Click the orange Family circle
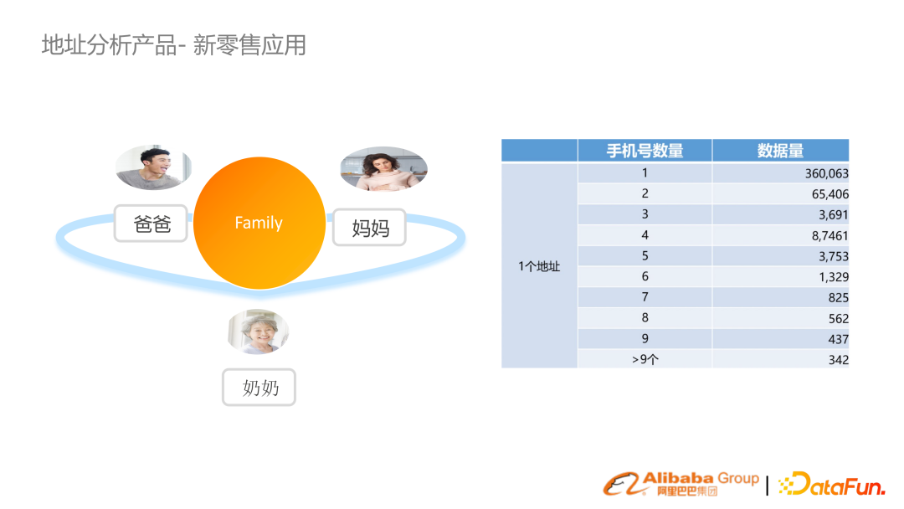259,223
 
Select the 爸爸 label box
151,224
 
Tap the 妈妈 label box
369,227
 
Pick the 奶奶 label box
259,388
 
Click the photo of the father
152,167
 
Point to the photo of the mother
383,168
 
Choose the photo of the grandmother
259,332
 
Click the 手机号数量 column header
645,151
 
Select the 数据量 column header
780,151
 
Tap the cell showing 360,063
825,173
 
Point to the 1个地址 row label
539,266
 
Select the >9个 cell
645,359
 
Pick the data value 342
837,359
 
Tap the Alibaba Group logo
681,482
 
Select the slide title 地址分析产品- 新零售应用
174,44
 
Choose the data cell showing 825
837,297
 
